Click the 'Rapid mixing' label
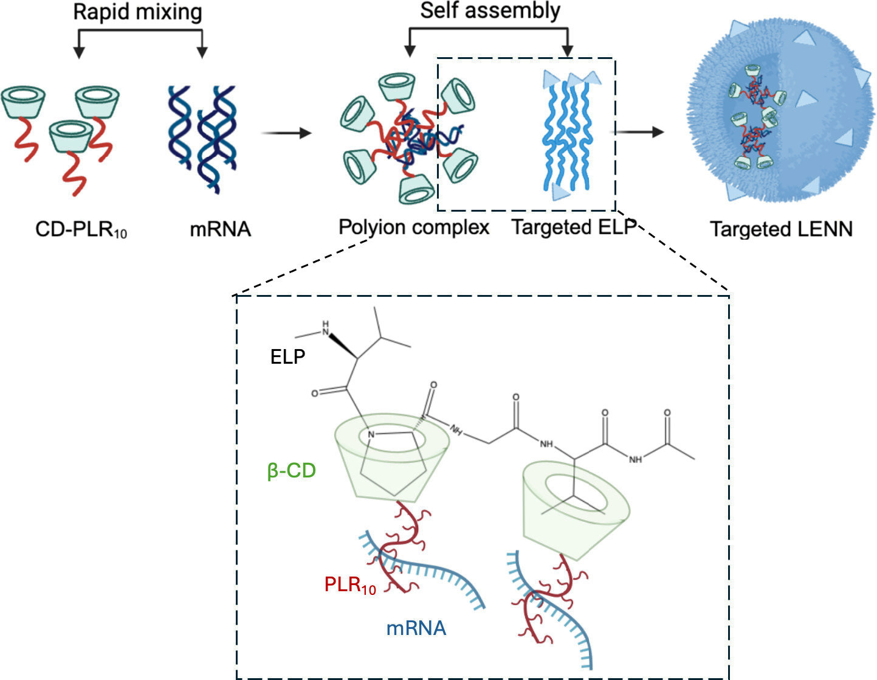[x=137, y=12]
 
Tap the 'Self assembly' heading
[x=490, y=10]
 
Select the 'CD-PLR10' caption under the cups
[x=81, y=229]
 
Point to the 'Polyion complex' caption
[x=414, y=227]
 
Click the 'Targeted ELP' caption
[x=574, y=227]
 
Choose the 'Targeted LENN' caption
[x=781, y=229]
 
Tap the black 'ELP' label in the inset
[x=287, y=356]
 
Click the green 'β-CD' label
[x=292, y=470]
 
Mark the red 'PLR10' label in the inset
[x=350, y=585]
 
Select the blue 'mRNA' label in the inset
[x=416, y=628]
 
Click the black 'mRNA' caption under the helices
[x=220, y=229]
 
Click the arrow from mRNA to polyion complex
[x=286, y=133]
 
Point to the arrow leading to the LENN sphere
[x=641, y=132]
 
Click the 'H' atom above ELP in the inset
[x=326, y=322]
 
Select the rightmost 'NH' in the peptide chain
[x=636, y=459]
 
